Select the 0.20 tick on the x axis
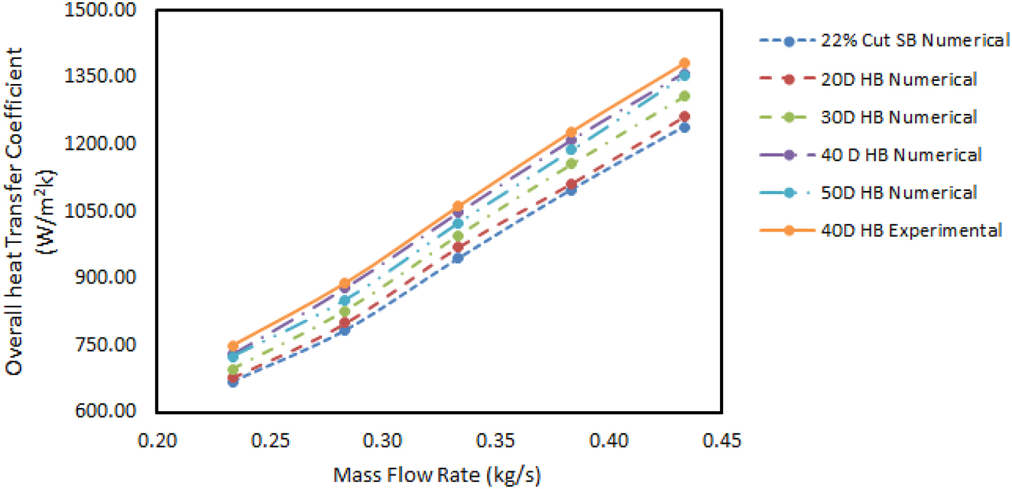click(x=157, y=441)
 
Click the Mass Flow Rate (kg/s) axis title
click(x=437, y=476)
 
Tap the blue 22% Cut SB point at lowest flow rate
click(x=232, y=382)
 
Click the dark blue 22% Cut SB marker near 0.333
click(x=458, y=258)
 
